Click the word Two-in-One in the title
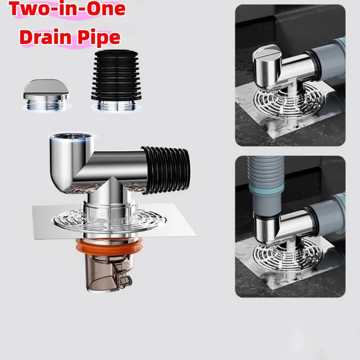(67, 10)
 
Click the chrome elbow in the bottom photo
(274, 227)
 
